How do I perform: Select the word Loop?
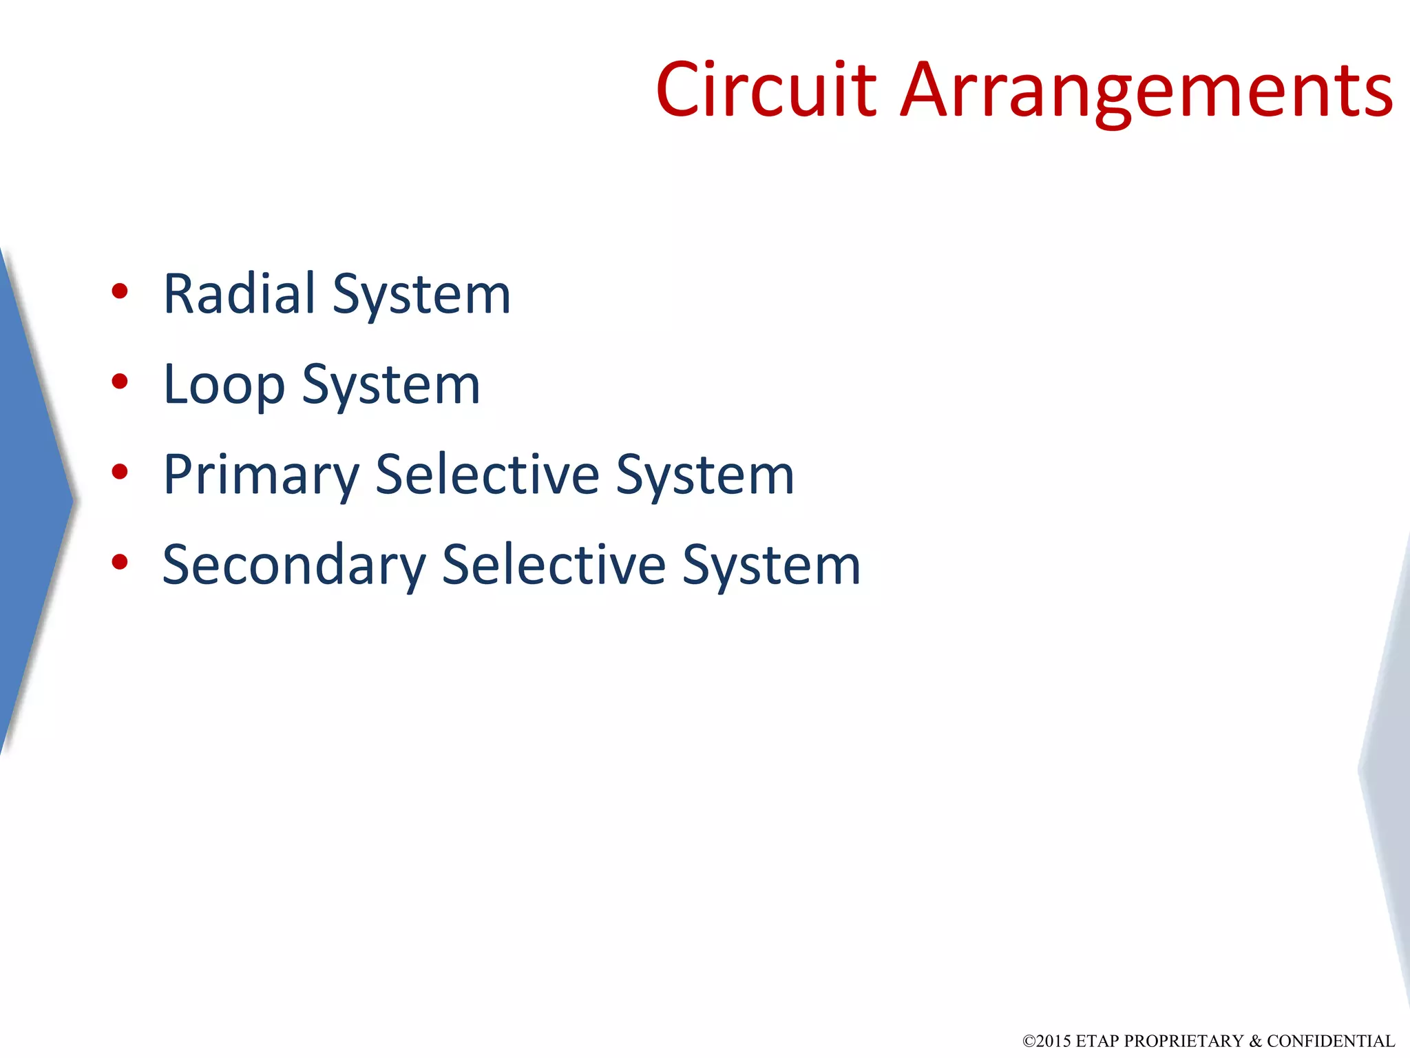[224, 384]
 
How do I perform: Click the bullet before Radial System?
[120, 291]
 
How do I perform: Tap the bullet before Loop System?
[120, 382]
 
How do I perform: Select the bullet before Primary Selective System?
[120, 472]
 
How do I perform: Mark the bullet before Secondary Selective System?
[120, 562]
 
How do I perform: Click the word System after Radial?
[421, 295]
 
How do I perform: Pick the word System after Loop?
[390, 385]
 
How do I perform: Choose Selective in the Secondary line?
[554, 565]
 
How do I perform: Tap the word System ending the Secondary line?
[772, 566]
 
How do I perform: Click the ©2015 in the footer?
[1046, 1041]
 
